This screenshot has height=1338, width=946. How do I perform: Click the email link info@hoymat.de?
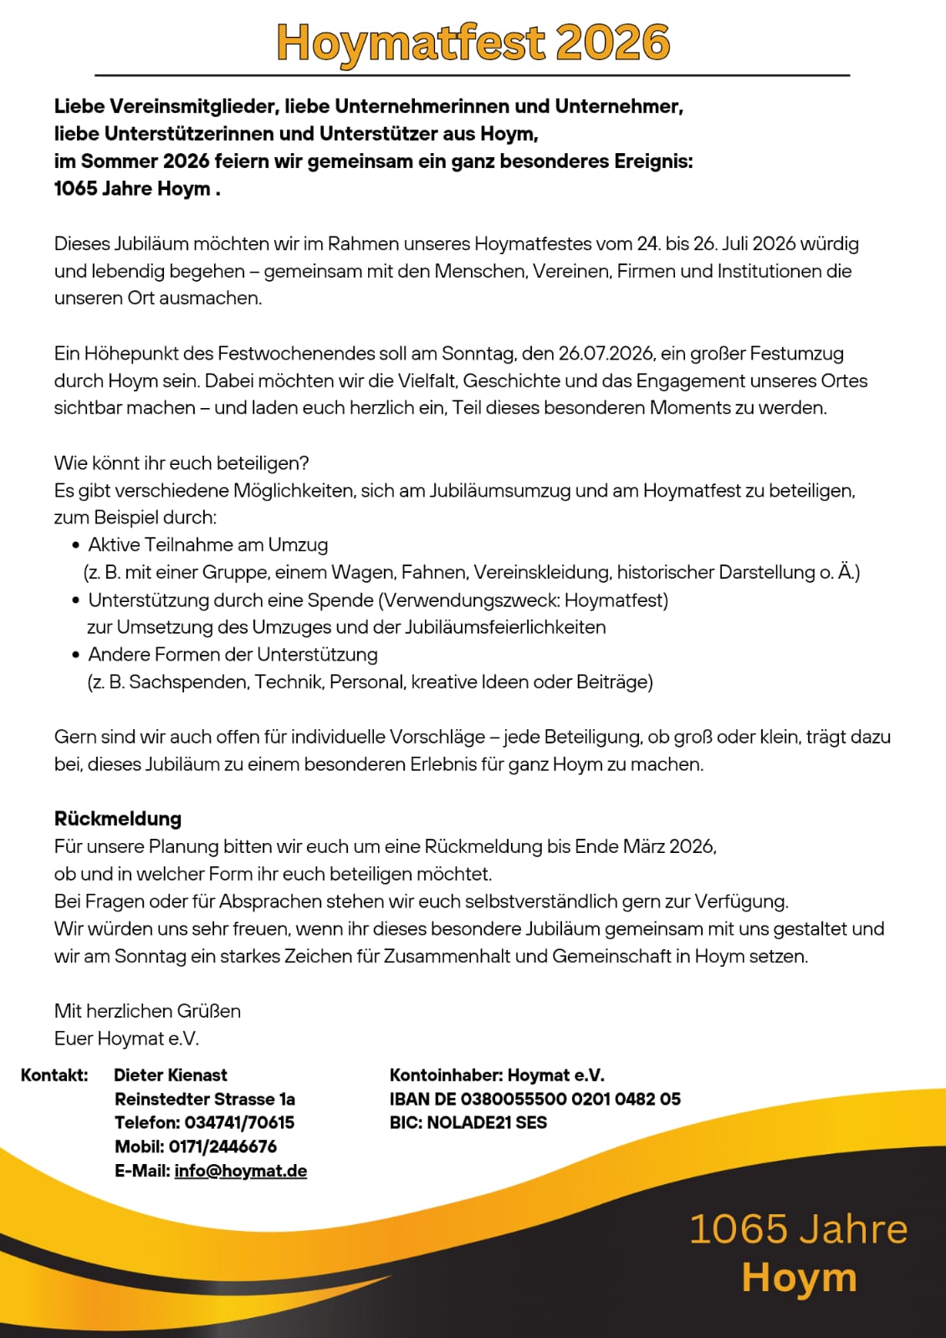coord(241,1171)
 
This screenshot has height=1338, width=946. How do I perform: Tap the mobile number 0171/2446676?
coord(222,1146)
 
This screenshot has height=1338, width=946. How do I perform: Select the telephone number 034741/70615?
coord(239,1122)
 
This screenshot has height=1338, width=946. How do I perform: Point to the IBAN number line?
coord(535,1099)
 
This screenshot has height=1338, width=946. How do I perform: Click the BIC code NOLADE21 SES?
coord(487,1122)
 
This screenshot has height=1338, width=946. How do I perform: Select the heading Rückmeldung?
coord(118,819)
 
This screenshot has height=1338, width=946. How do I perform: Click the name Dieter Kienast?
coord(171,1075)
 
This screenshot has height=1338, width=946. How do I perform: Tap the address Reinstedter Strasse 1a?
coord(205,1099)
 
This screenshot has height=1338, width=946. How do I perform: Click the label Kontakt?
coord(54,1075)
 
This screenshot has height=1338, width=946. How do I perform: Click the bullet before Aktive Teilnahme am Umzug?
coord(76,545)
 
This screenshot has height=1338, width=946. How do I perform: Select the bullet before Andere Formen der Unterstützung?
coord(76,655)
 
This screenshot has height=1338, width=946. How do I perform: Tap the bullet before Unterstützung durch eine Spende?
coord(76,600)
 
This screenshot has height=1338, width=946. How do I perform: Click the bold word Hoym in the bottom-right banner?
coord(799,1278)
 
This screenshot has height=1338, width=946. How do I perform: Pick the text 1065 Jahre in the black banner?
coord(798,1229)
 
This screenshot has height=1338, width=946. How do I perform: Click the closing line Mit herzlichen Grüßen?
coord(147,1011)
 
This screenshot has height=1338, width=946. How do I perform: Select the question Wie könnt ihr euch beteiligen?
coord(182,463)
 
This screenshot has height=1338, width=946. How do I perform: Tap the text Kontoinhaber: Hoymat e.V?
coord(497,1075)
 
